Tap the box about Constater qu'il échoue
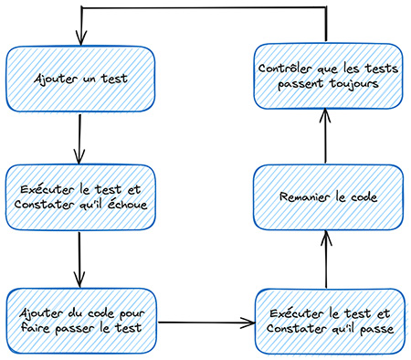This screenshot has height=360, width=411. pos(79,196)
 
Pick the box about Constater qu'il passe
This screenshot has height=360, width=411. pos(327,321)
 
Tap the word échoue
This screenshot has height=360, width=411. pos(127,205)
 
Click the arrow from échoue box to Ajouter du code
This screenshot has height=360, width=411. pos(80,260)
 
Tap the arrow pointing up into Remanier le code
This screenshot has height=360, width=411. pos(327,260)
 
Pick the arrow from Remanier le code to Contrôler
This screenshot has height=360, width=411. pos(327,137)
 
